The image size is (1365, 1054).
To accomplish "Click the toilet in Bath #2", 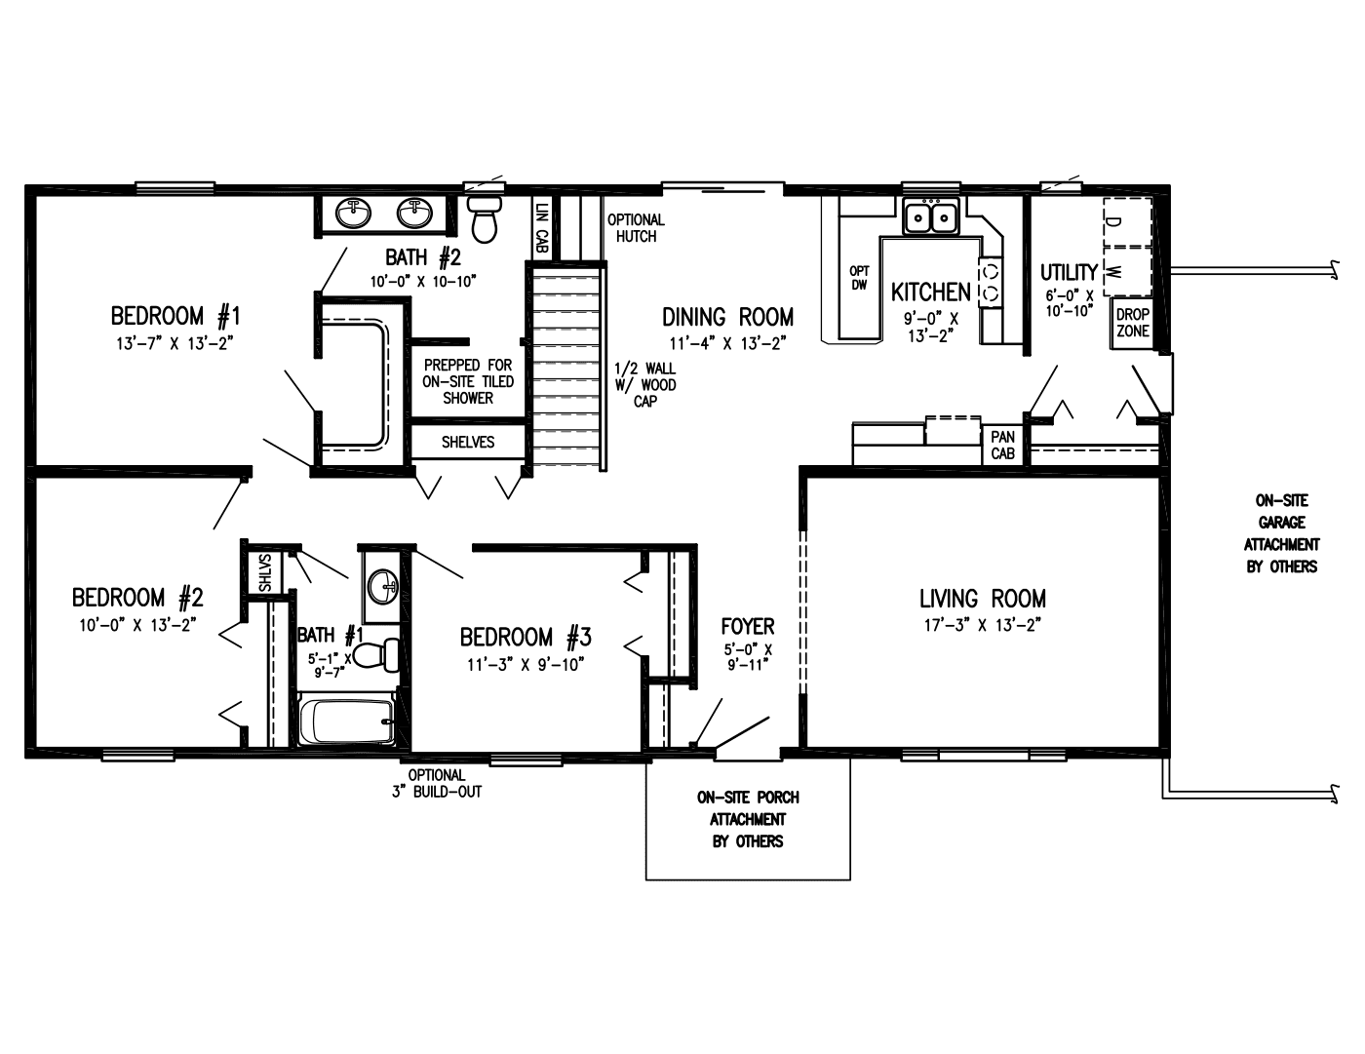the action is point(485,218).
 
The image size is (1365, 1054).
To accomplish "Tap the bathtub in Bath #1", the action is point(347,721).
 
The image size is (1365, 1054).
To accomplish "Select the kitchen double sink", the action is point(930,216).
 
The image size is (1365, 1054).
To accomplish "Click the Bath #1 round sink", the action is point(382,587).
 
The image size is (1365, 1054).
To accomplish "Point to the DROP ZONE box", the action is point(1133,323).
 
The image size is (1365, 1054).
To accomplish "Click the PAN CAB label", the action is point(1002,445).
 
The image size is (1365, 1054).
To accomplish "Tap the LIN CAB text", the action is point(541,227).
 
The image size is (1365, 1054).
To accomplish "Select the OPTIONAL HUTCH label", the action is point(636,228).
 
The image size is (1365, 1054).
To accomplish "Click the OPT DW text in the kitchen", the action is point(859,278).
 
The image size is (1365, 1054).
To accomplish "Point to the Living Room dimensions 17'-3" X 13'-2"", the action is point(983,626).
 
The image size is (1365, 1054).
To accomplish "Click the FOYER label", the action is point(748,626).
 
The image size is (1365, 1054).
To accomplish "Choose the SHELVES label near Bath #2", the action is point(468,443).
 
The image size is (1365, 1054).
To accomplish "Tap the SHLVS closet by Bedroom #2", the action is point(264,572).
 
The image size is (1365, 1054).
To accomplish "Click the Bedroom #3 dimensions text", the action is point(526,665).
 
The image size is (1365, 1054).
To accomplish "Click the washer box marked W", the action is point(1127,271).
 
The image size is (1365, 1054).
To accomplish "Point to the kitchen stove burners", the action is point(992,283).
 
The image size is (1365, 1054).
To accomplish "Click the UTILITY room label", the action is point(1069,273).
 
